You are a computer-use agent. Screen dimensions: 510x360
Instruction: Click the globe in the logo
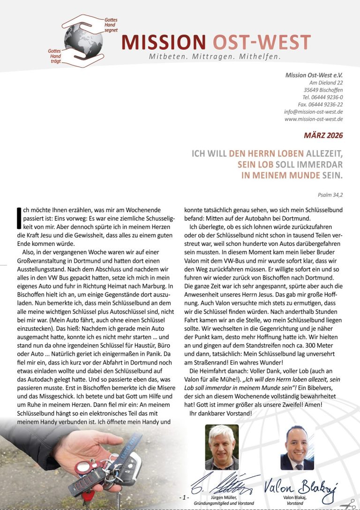pos(77,41)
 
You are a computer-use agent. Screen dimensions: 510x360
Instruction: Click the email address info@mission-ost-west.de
pos(313,112)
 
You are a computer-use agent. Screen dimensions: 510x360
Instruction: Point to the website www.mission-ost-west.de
pos(313,119)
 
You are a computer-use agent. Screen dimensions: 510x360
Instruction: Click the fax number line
pos(320,105)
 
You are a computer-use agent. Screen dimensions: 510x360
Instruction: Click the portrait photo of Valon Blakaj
pos(297,447)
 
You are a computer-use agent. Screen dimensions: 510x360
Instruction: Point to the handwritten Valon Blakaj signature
pos(300,483)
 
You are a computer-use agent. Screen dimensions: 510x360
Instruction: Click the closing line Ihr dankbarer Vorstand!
pos(220,413)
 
